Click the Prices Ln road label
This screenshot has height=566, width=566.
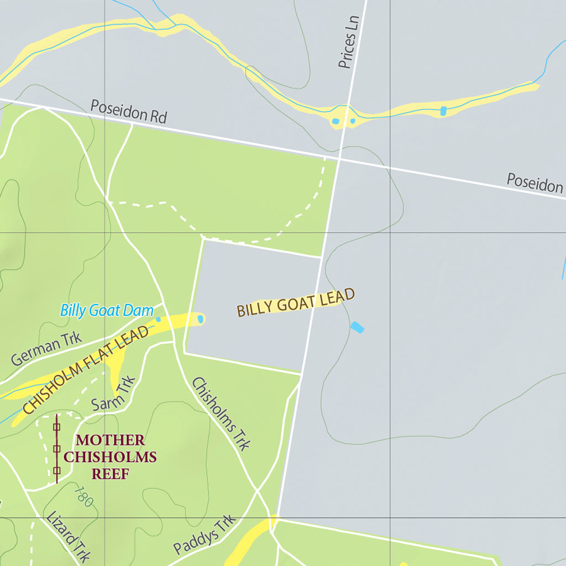(349, 42)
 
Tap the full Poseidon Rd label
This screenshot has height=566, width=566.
(128, 112)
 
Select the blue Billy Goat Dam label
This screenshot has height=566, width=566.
(107, 310)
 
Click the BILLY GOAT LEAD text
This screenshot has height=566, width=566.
(296, 302)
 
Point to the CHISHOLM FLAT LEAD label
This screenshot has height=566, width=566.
(86, 369)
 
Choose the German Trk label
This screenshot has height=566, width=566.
(46, 349)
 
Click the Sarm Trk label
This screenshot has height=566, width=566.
(114, 394)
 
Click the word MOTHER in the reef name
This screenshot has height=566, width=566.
(111, 441)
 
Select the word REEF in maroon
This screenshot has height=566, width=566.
(111, 474)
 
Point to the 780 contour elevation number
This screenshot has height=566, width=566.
(83, 496)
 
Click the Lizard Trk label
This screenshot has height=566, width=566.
(67, 537)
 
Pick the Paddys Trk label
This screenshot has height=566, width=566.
(205, 534)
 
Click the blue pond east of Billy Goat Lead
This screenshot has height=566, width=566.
(357, 327)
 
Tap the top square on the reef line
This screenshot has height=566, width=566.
(56, 426)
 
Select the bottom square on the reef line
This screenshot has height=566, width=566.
(56, 471)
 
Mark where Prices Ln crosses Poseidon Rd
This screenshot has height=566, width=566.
(340, 160)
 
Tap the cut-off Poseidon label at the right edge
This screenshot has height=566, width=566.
(535, 182)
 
